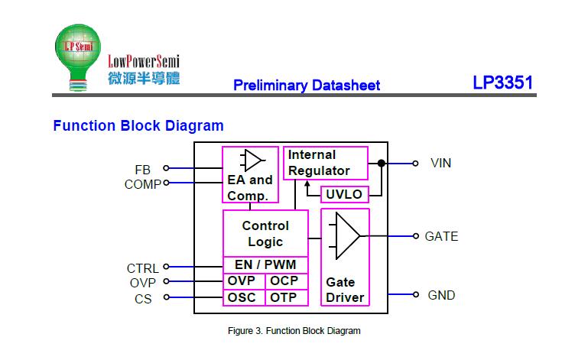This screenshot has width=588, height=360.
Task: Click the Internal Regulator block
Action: (326, 163)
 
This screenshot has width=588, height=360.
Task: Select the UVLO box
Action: (344, 194)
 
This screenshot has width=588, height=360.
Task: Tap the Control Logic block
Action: (265, 233)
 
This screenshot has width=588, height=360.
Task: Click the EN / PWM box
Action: (265, 265)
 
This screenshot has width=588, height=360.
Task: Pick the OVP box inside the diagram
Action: (243, 281)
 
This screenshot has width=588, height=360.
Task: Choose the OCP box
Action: (286, 281)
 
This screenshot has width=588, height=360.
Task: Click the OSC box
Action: (243, 298)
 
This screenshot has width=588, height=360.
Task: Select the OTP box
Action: (286, 298)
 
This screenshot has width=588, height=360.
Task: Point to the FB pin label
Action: (143, 169)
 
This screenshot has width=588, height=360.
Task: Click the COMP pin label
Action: (143, 183)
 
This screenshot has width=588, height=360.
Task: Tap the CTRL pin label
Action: (143, 268)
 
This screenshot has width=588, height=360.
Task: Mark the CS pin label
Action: (143, 299)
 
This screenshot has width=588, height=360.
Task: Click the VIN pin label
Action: (441, 163)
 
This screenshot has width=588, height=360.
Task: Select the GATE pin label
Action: (442, 236)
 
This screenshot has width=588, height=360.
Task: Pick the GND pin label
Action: (441, 295)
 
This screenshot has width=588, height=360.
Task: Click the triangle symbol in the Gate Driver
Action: (346, 236)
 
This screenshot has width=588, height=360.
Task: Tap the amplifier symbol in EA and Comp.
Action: (252, 161)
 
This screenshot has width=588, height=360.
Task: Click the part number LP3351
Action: (502, 83)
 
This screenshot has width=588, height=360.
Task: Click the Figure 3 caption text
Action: (294, 331)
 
